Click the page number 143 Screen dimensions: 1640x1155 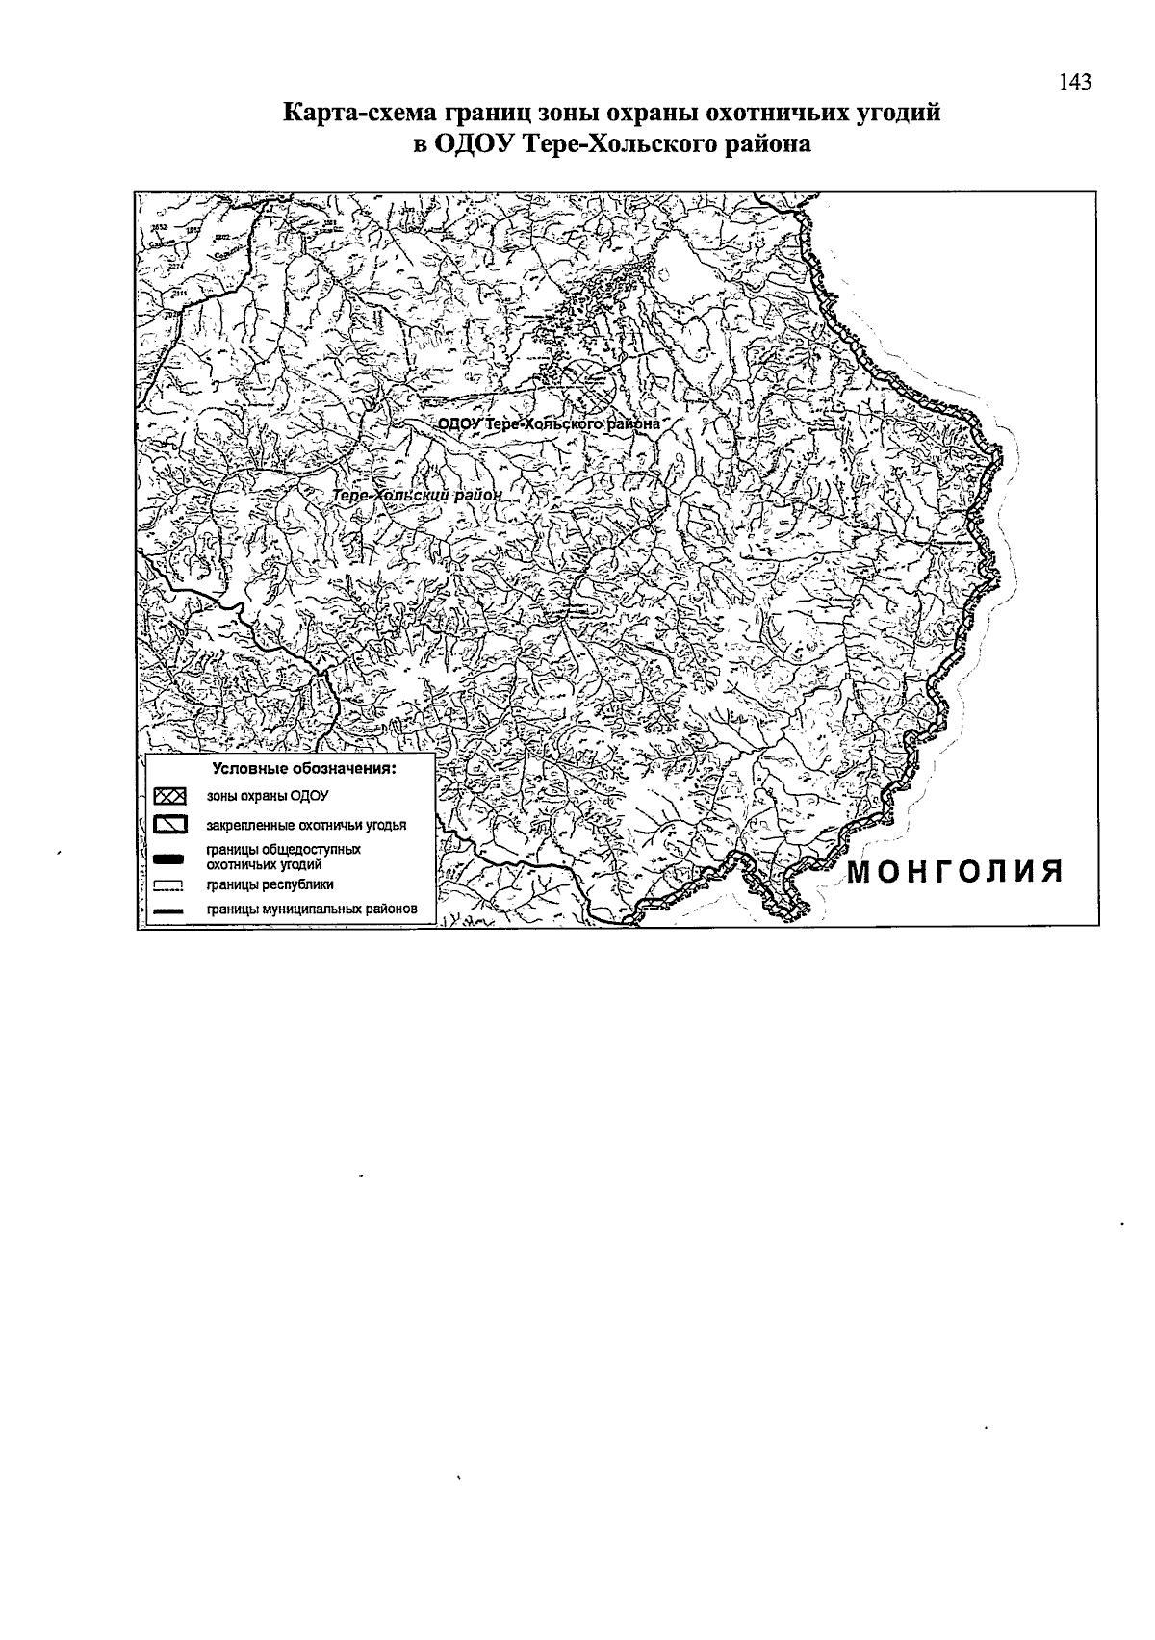[1075, 83]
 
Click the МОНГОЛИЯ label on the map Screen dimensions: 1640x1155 [955, 872]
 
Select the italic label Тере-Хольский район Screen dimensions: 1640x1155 [417, 495]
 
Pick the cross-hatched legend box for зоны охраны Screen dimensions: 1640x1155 [169, 797]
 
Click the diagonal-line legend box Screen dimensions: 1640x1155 [169, 826]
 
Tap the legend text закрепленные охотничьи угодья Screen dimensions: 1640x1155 [306, 826]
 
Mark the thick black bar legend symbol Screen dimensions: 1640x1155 [168, 858]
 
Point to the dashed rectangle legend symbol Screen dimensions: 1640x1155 [168, 885]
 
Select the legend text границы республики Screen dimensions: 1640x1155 [269, 885]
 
